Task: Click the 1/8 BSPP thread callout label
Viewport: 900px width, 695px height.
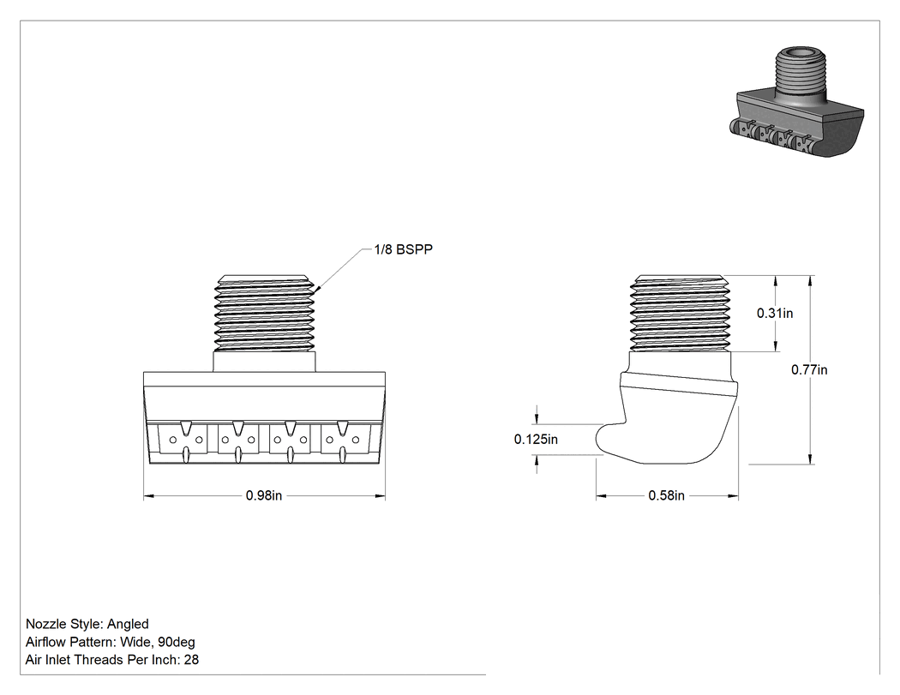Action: (x=403, y=249)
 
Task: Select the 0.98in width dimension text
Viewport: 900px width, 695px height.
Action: (x=264, y=495)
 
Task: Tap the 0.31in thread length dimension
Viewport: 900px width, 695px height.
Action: (x=775, y=314)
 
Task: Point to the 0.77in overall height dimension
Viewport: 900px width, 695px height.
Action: (x=809, y=370)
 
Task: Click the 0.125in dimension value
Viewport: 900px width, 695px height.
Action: (x=536, y=440)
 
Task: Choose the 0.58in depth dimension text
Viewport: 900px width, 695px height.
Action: (x=666, y=495)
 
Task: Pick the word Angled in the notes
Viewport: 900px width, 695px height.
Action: (x=128, y=625)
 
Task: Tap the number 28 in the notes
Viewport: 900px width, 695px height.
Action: (x=191, y=660)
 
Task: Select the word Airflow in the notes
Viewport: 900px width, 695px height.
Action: (x=45, y=642)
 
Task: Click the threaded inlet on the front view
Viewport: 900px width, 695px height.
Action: (x=265, y=314)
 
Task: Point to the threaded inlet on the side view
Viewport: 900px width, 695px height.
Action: (x=680, y=314)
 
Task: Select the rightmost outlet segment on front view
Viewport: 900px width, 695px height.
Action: (x=343, y=440)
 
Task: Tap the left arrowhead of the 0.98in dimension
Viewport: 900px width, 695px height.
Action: (x=148, y=496)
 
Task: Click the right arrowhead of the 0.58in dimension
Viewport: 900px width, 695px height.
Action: (x=733, y=496)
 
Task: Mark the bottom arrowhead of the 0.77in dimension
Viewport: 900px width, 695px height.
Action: (x=810, y=458)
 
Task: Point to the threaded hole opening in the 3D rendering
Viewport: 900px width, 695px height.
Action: (x=800, y=55)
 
